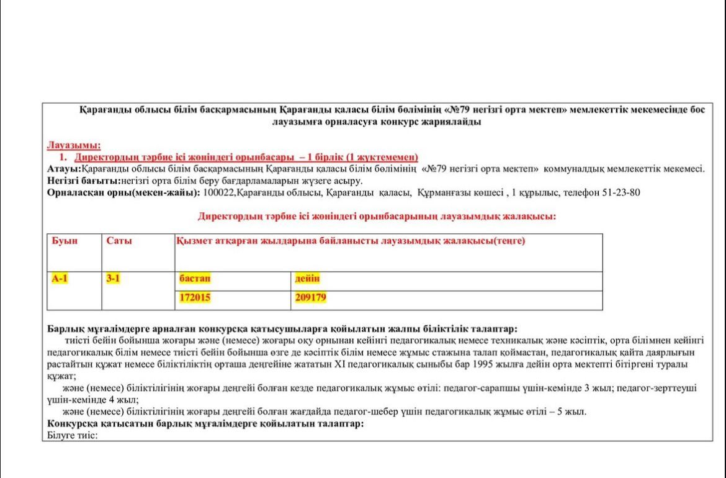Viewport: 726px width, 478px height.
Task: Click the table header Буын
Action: [65, 241]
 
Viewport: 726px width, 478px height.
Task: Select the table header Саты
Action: [119, 241]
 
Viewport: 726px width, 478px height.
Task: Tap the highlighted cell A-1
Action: [60, 279]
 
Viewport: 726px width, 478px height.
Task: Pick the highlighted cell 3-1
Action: [113, 279]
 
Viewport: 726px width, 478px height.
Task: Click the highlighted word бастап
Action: [195, 279]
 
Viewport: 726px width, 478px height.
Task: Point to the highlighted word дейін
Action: [308, 279]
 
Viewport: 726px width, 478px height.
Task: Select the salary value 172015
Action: [195, 298]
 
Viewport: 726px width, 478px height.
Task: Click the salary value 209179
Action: [311, 298]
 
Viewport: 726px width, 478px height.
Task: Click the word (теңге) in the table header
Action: [509, 241]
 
